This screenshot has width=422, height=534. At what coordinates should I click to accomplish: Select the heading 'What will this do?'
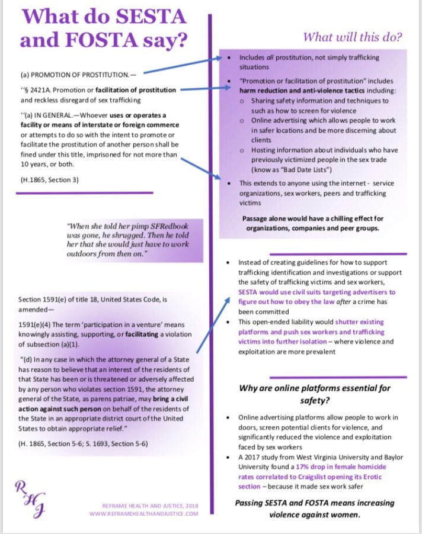353,37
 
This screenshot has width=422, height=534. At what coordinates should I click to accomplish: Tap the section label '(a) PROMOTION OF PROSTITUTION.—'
78,75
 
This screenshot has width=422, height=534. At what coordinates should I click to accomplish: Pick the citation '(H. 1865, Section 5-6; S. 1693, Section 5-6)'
84,443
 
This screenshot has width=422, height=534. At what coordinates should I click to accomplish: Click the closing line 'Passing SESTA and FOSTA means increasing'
314,503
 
